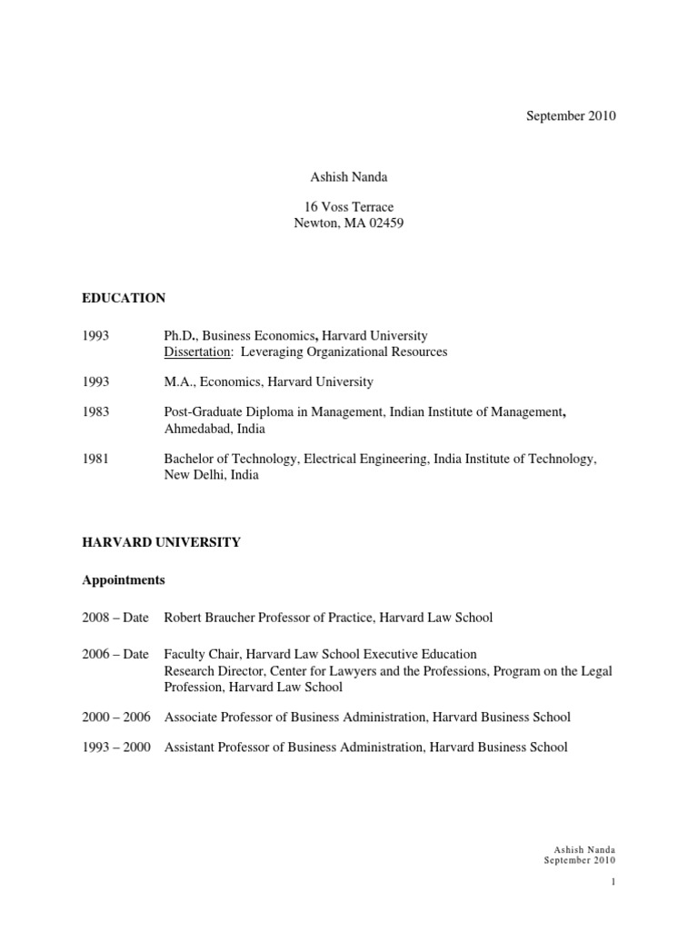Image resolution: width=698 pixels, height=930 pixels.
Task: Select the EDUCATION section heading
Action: tap(124, 298)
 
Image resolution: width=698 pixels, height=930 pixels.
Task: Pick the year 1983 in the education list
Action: tap(95, 412)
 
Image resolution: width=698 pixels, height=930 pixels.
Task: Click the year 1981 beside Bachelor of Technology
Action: tap(95, 460)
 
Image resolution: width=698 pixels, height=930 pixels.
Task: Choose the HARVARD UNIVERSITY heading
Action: tap(161, 542)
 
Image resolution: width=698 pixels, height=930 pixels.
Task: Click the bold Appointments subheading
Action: tap(123, 579)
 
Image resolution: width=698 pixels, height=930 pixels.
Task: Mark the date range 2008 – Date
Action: tap(115, 618)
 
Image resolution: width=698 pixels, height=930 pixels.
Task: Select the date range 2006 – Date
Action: tap(115, 655)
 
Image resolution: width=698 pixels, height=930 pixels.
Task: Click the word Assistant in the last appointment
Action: tap(191, 747)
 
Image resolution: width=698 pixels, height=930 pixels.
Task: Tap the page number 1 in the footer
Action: tap(614, 881)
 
